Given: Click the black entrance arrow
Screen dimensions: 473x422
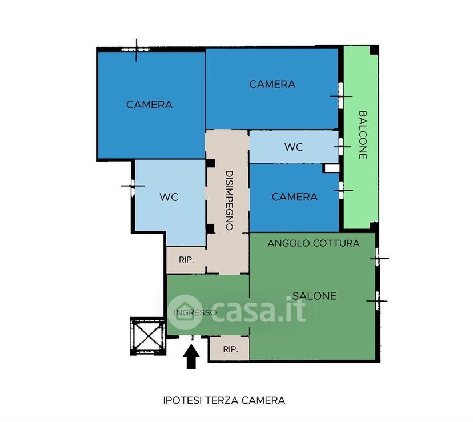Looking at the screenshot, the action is [x=191, y=357].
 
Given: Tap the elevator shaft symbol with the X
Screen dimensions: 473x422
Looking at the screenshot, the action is [x=148, y=336].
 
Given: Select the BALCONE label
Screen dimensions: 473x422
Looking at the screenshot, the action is [x=363, y=135].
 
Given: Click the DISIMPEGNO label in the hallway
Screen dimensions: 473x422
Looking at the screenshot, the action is [x=229, y=200].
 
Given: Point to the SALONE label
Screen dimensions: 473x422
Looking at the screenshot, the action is [x=315, y=296].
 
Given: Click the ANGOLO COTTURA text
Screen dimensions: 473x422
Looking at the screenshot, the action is [x=314, y=243].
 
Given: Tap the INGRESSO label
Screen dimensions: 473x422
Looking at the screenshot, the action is [x=195, y=312].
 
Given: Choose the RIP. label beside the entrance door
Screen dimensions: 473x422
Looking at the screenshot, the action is [x=230, y=349].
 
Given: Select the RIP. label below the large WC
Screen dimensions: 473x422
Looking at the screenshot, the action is [x=186, y=260].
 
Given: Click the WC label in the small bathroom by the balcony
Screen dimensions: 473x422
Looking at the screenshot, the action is [x=294, y=147].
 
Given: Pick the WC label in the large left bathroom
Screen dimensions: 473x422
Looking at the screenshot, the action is [x=169, y=197].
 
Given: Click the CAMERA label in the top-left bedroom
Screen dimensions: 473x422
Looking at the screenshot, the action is [x=149, y=105].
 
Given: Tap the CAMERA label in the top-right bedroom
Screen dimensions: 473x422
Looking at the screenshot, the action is [x=272, y=84].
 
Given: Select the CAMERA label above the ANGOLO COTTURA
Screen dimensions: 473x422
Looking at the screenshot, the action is [x=294, y=197].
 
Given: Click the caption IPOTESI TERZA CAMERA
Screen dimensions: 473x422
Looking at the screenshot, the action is [x=224, y=400].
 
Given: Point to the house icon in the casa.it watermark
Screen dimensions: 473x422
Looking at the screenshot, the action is [x=185, y=312].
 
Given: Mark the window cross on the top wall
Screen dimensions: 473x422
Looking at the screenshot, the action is [x=137, y=50].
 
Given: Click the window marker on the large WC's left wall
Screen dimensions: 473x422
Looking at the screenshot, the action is [x=133, y=186].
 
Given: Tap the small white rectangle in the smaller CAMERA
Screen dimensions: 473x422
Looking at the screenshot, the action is [x=331, y=168].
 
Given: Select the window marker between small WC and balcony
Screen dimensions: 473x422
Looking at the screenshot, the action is [x=341, y=147].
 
